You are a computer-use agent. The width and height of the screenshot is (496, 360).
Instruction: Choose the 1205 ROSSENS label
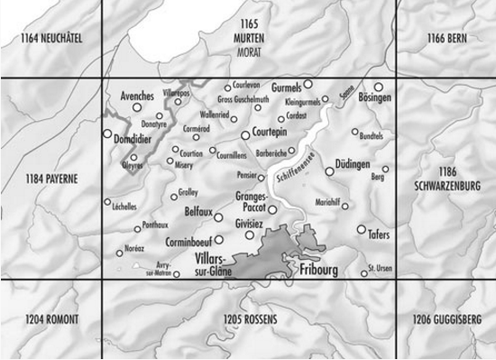pyautogui.click(x=247, y=320)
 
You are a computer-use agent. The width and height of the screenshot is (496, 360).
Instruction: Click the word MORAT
pyautogui.click(x=247, y=53)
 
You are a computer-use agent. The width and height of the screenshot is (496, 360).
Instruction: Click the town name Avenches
pyautogui.click(x=136, y=94)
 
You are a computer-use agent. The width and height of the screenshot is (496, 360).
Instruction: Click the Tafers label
pyautogui.click(x=379, y=235)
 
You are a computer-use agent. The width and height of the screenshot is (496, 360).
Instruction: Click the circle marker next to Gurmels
pyautogui.click(x=307, y=84)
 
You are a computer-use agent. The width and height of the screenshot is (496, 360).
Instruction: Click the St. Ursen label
pyautogui.click(x=381, y=269)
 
